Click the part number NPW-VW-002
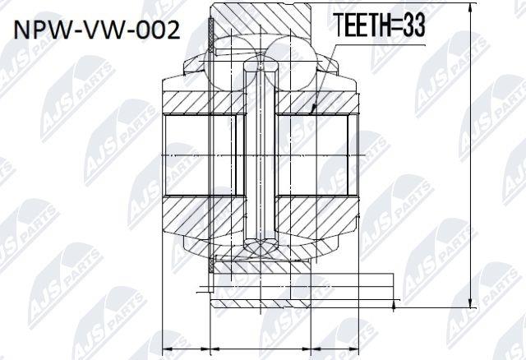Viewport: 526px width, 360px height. tap(97, 30)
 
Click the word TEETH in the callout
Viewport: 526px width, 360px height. tap(363, 25)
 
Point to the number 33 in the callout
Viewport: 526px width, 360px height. tap(414, 25)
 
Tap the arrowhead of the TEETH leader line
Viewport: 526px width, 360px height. tap(313, 108)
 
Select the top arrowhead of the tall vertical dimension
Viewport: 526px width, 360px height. tap(472, 7)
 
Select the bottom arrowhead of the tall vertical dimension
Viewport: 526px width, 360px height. tap(472, 302)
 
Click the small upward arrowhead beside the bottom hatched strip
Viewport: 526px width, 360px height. tap(394, 305)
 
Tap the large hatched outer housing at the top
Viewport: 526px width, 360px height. tap(261, 18)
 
